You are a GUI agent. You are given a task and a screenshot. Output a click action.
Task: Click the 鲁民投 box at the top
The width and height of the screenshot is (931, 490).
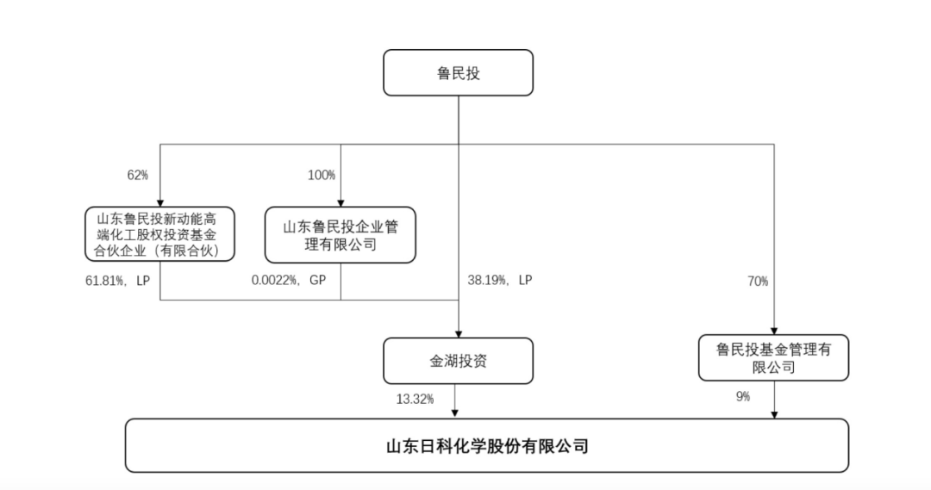pyautogui.click(x=458, y=72)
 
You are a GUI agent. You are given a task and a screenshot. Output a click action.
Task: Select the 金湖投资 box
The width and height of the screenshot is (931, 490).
pyautogui.click(x=458, y=360)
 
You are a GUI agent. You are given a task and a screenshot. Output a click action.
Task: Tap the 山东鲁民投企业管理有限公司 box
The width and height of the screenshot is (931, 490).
pyautogui.click(x=340, y=234)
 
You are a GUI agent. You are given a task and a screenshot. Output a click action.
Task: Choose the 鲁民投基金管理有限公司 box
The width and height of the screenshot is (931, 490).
pyautogui.click(x=773, y=357)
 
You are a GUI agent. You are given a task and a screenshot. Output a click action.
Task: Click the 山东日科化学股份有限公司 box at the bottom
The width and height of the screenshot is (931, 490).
pyautogui.click(x=486, y=445)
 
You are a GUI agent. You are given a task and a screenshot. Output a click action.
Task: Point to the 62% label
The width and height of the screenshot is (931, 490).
pyautogui.click(x=138, y=176)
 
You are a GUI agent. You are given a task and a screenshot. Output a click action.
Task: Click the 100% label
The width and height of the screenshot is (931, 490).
pyautogui.click(x=321, y=176)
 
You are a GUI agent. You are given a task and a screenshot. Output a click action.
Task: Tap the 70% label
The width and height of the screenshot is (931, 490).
pyautogui.click(x=758, y=281)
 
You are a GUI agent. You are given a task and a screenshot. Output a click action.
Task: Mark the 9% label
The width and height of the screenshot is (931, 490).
pyautogui.click(x=743, y=397)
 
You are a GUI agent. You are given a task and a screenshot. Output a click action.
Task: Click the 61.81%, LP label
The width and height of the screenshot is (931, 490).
pyautogui.click(x=113, y=281)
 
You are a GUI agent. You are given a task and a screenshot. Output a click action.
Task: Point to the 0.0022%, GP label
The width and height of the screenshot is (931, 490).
pyautogui.click(x=288, y=281)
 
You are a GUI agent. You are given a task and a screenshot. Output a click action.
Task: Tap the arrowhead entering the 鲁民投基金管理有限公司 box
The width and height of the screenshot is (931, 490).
pyautogui.click(x=773, y=329)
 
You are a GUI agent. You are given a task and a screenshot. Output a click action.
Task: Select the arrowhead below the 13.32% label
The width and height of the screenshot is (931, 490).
pyautogui.click(x=458, y=413)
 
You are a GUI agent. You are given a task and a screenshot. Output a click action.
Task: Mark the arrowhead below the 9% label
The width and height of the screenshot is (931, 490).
pyautogui.click(x=773, y=413)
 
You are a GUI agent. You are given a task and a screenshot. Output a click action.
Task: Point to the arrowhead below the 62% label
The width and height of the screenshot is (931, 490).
pyautogui.click(x=160, y=201)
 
